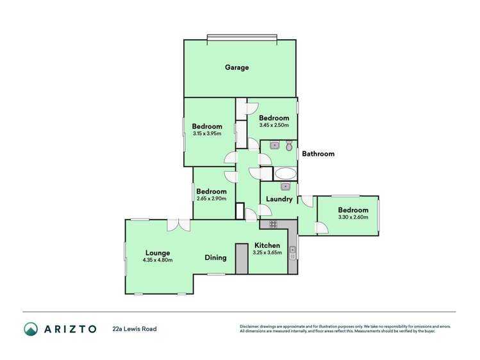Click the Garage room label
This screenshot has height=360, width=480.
[x=236, y=67]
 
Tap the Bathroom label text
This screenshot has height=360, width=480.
[x=318, y=154]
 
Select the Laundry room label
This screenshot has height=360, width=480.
[x=279, y=199]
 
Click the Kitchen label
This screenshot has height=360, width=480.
[x=267, y=245]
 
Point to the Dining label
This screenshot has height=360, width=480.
[x=215, y=258]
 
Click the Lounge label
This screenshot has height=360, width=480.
[x=157, y=252]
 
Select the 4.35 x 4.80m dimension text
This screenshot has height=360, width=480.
[x=157, y=260]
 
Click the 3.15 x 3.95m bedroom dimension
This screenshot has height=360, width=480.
[x=207, y=134]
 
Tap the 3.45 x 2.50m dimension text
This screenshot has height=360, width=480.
[x=274, y=126]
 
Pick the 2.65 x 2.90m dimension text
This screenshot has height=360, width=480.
[x=211, y=199]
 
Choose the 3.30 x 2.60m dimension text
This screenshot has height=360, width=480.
[x=353, y=218]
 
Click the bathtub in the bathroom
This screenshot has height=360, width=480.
[x=285, y=174]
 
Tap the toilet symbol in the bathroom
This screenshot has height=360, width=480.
[x=289, y=145]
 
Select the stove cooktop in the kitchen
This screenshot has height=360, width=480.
[x=273, y=224]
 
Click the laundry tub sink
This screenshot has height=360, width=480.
[x=286, y=186]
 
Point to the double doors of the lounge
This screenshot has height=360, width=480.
[x=178, y=225]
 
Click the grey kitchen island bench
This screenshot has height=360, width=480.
[x=242, y=259]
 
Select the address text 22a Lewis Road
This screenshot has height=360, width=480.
[x=135, y=329]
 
